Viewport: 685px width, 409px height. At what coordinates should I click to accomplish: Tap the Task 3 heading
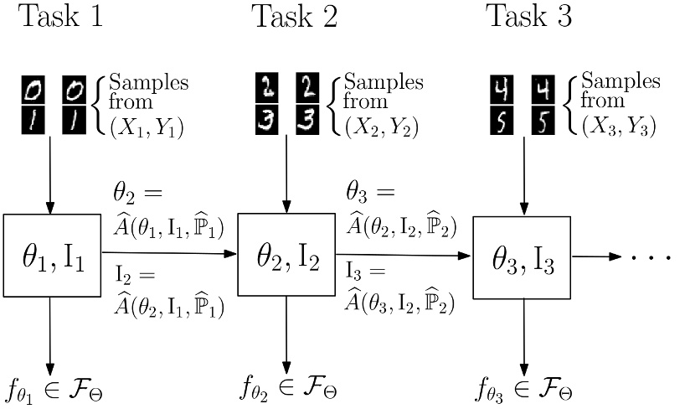tap(528, 17)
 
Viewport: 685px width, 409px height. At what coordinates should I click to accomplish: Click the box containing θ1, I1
tap(52, 255)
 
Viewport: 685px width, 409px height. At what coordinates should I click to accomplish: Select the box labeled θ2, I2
tap(287, 255)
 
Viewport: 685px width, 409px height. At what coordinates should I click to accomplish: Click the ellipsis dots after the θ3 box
tap(651, 256)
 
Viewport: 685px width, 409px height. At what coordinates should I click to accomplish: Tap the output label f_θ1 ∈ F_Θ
tap(55, 391)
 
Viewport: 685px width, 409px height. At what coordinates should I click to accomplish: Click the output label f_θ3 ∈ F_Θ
tap(524, 391)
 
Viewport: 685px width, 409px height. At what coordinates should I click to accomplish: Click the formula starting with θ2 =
tap(167, 210)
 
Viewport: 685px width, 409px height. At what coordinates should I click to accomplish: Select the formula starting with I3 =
tap(401, 288)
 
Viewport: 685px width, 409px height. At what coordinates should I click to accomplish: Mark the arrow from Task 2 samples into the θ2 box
tap(287, 176)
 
